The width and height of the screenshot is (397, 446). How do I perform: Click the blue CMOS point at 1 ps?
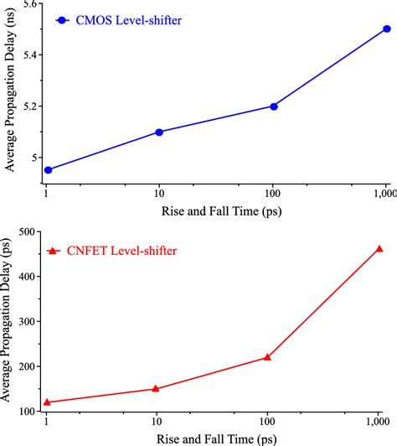pyautogui.click(x=48, y=169)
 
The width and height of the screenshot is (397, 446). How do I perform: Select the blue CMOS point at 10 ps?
pyautogui.click(x=159, y=132)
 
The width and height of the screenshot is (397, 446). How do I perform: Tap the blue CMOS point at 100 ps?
pyautogui.click(x=273, y=106)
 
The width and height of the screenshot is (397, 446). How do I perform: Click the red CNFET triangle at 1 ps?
pyautogui.click(x=48, y=402)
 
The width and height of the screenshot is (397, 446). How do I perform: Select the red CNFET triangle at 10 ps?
pyautogui.click(x=156, y=388)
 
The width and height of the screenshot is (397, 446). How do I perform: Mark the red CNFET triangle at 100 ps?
pyautogui.click(x=267, y=356)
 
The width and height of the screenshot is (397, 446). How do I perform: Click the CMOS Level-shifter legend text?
pyautogui.click(x=129, y=19)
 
